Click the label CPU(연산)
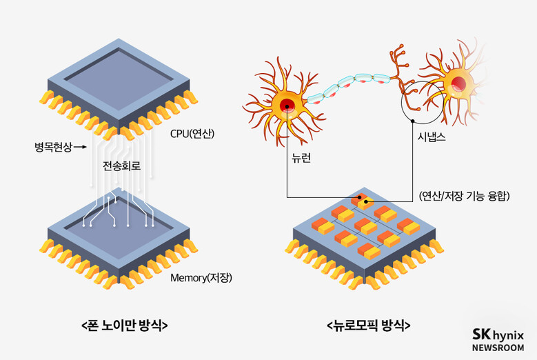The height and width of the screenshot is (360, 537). (192, 133)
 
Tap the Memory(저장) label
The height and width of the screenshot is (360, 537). (201, 277)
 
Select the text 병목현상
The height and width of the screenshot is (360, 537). (54, 147)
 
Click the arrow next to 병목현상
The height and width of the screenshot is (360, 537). (80, 148)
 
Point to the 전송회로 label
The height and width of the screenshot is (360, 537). (122, 166)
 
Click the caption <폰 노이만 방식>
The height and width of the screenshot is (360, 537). (125, 325)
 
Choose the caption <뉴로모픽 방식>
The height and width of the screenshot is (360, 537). (369, 325)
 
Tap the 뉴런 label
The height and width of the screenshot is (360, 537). (301, 158)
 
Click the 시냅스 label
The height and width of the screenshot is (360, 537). (432, 137)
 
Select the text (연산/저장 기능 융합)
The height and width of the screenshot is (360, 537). (465, 196)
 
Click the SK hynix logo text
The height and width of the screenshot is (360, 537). (498, 334)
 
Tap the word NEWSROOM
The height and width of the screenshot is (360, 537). (498, 348)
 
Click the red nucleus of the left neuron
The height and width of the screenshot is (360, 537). (287, 106)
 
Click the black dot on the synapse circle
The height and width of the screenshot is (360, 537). (413, 121)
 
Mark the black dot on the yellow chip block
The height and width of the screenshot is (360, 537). (366, 202)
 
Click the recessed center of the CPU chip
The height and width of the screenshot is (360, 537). (119, 79)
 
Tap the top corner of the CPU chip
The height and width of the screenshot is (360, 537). (119, 39)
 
